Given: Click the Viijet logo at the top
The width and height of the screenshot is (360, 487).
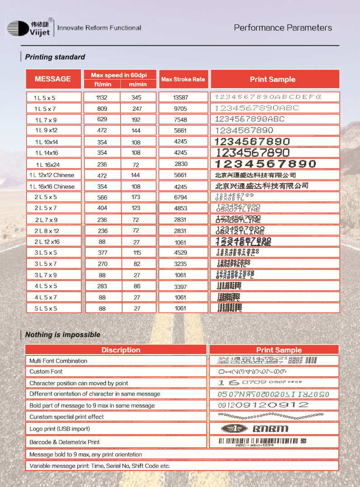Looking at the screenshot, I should pos(30,28).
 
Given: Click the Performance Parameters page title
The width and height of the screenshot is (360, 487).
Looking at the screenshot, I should pos(283,28).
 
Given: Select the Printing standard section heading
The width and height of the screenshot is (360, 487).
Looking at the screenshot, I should pos(55,57).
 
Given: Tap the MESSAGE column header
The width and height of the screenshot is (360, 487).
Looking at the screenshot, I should pos(53,79).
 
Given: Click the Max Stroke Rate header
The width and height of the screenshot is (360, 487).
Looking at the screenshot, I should pos(183,79).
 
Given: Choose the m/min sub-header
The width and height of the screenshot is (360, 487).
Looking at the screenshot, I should pos(137,84).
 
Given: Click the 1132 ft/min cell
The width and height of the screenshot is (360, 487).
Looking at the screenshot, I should pos(102,97).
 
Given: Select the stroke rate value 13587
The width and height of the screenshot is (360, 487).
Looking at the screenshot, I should pos(180,97).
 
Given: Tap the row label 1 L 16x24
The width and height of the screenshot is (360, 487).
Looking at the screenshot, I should pos(48,164).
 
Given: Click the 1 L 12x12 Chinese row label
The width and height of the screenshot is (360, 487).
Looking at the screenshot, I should pos(52,175).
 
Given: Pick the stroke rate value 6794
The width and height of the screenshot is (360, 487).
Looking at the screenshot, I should pos(180,197).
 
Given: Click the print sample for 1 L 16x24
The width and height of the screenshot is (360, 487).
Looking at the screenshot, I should pos(266,164).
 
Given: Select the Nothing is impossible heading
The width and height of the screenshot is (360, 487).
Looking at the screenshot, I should pos(62,335).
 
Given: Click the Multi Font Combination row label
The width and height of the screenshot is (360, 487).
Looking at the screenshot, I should pos(58,361).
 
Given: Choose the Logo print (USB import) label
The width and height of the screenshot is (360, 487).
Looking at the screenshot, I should pos(60,428).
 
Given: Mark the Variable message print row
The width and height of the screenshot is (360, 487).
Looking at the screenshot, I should pos(99,465).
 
